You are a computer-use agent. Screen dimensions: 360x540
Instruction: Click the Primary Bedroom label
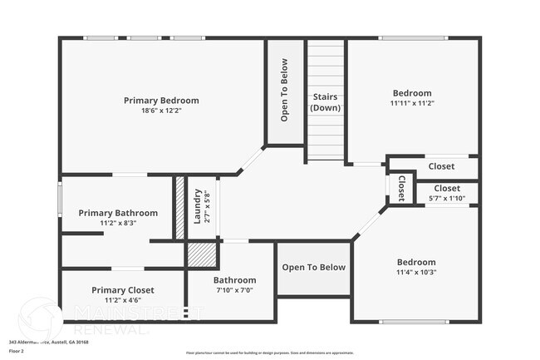[161, 101]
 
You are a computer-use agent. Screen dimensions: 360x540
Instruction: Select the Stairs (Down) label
[325, 102]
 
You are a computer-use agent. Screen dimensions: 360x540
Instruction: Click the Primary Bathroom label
[118, 213]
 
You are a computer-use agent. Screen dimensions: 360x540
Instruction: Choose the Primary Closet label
[123, 289]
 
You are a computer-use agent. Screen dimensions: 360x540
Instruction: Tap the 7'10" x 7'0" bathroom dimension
[234, 290]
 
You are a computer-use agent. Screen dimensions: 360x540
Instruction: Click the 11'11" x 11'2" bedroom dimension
[412, 104]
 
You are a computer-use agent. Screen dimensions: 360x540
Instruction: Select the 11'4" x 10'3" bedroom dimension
[415, 272]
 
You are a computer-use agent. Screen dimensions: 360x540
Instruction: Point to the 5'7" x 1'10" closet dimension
[446, 199]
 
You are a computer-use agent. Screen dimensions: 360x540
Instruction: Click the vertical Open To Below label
[284, 90]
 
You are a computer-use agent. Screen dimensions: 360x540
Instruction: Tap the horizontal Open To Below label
[313, 267]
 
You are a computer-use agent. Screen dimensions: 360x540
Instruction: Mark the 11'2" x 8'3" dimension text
[118, 223]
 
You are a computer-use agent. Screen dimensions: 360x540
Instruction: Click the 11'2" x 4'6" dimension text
[123, 300]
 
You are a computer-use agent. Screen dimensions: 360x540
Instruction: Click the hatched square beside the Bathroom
[201, 254]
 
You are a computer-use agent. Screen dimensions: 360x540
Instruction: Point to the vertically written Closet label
[401, 188]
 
